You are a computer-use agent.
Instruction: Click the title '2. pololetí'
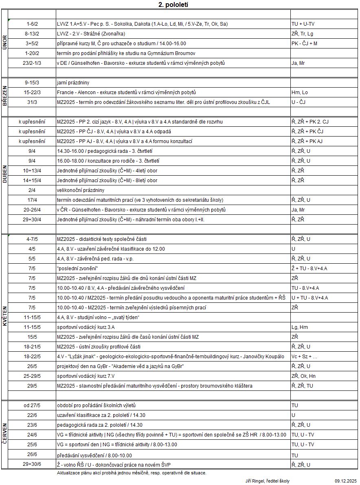173,5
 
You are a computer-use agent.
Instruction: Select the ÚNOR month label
4,43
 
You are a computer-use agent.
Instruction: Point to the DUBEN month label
4,175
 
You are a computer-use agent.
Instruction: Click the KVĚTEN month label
4,316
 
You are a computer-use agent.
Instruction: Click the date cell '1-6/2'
32,24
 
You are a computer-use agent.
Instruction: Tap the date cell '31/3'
32,102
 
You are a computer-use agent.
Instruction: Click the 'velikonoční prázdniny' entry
80,190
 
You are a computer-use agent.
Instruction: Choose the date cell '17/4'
32,200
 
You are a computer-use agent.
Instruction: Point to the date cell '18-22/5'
32,357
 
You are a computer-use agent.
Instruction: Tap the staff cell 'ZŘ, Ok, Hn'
303,376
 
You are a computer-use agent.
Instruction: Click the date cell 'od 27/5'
32,406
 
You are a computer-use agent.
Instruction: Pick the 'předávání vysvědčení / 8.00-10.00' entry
94,455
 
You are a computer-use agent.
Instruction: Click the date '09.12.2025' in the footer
346,481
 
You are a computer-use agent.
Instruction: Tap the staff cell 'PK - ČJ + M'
305,44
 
